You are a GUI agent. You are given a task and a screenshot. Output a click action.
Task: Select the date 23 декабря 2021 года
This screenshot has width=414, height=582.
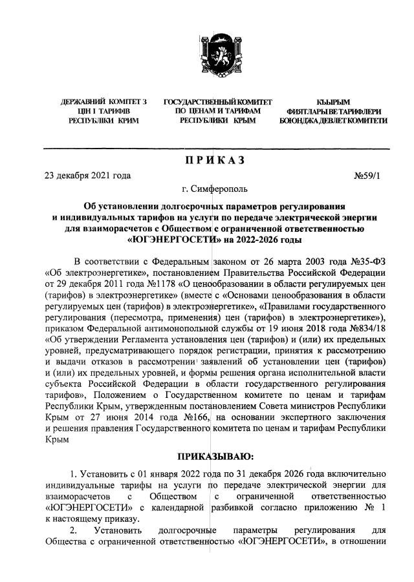pyautogui.click(x=87, y=176)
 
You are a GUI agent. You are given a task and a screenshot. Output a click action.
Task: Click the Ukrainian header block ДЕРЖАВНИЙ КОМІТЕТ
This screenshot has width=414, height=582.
pyautogui.click(x=103, y=112)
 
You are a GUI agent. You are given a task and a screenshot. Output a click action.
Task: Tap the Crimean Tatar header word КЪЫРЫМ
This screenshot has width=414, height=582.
pyautogui.click(x=333, y=103)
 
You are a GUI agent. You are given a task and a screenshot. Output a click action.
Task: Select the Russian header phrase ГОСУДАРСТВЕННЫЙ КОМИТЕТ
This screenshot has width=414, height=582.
pyautogui.click(x=218, y=103)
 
